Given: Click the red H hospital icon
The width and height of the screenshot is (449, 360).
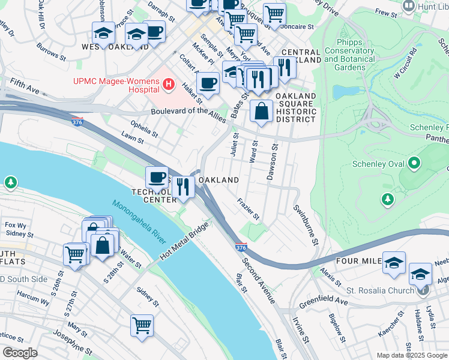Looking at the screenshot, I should tap(169, 86).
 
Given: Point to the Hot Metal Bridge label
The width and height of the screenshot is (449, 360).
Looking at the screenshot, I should tap(184, 242).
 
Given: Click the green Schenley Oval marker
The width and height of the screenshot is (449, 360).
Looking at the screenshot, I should tap(414, 163).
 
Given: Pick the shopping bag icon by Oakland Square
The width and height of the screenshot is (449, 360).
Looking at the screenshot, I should tap(261, 112).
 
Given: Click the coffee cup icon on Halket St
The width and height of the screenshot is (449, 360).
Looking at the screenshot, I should tap(208, 83).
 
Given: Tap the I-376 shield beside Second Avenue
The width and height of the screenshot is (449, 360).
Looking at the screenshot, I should tap(241, 247).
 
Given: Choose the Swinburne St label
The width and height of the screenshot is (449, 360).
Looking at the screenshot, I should tap(304, 225).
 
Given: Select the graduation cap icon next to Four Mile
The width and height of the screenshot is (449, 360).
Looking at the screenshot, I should tap(394, 263).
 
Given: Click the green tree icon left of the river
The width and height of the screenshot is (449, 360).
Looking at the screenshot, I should tap(10, 181).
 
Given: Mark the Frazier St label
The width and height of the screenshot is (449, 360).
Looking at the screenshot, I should tap(247, 208).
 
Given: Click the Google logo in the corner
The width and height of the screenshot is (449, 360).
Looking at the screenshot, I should tap(20, 353).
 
